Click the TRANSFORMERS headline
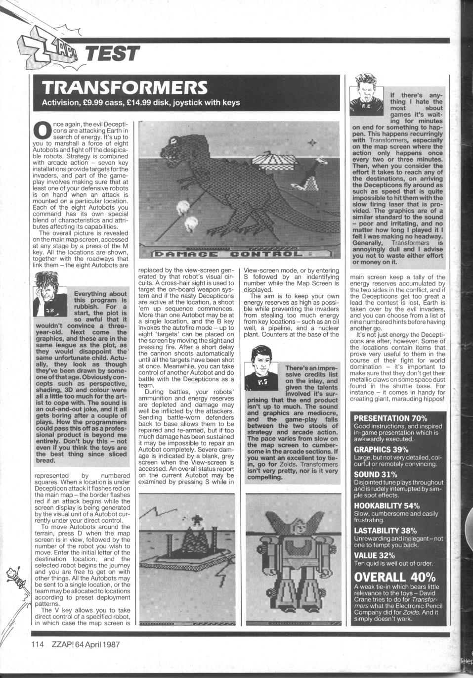(x=125, y=87)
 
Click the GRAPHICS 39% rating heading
(x=381, y=450)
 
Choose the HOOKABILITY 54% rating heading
(x=387, y=505)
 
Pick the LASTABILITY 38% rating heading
(x=386, y=531)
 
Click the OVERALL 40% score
(x=395, y=577)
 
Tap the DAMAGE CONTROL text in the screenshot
(x=237, y=254)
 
